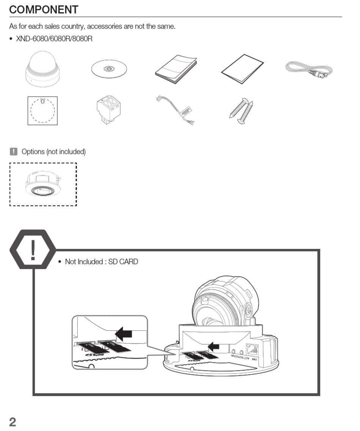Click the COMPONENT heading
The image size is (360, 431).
pos(44,9)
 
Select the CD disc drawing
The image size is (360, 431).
pos(109,69)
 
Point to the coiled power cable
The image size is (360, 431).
pos(309,70)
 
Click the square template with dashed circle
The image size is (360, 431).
pos(42,110)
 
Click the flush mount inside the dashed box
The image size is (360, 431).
pos(43,184)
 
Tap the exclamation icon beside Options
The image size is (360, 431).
pos(14,152)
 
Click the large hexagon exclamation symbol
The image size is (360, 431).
pos(33,249)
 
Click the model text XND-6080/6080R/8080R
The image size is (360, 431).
pos(54,39)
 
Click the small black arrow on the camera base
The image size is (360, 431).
pos(214,346)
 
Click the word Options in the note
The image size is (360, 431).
pos(33,152)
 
